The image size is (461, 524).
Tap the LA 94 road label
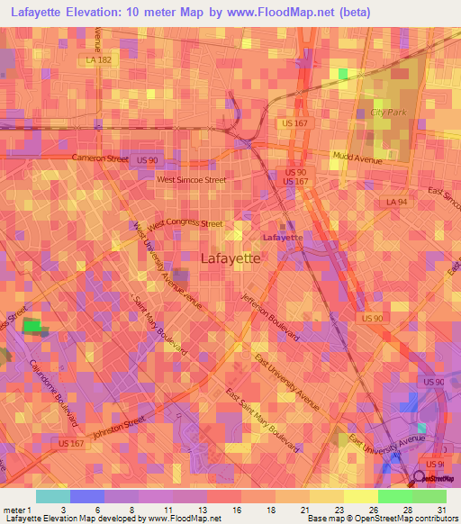(393, 203)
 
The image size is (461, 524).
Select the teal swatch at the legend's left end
(52, 496)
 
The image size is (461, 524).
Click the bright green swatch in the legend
(394, 496)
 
